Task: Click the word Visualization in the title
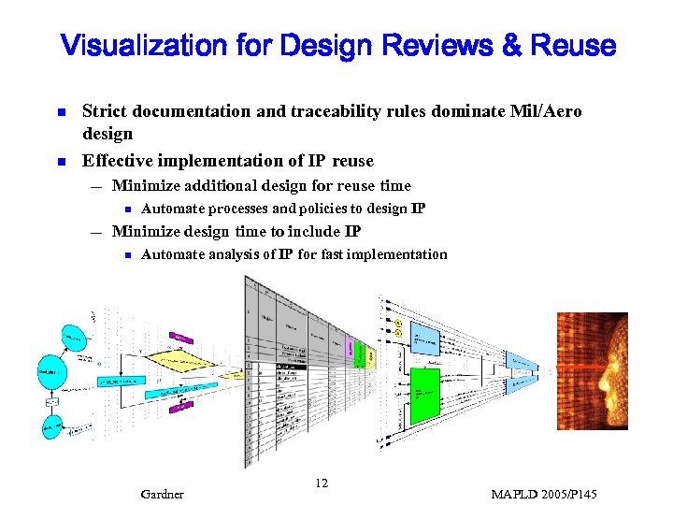[144, 45]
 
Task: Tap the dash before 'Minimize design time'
[96, 231]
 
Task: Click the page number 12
[322, 483]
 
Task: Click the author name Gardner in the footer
[162, 494]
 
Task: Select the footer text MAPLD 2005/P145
[543, 494]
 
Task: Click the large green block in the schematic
[425, 394]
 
